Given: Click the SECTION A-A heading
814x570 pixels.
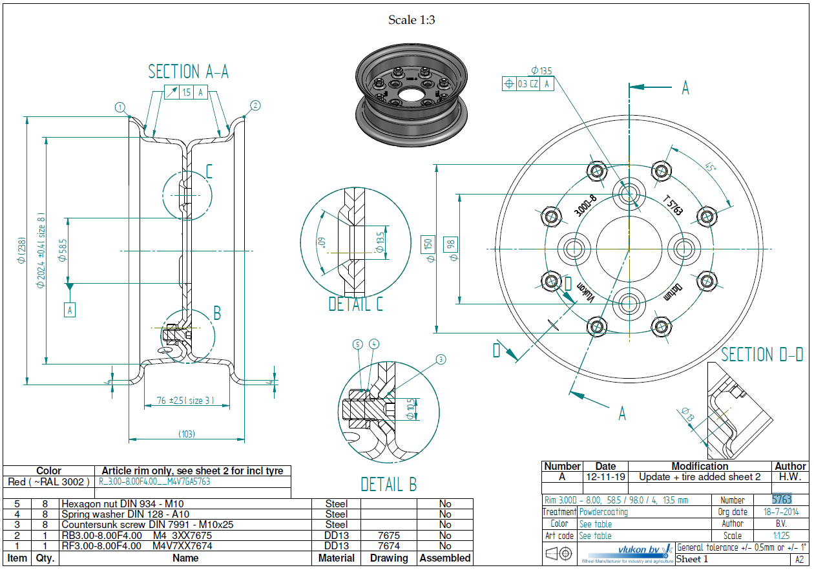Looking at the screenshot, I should click(x=188, y=71).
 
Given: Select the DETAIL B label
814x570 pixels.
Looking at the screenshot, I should click(x=388, y=484).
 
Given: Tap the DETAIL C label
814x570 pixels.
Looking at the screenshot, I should click(x=355, y=304).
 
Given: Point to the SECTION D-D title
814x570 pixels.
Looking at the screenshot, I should click(x=762, y=354).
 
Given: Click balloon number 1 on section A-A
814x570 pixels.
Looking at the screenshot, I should click(x=120, y=107).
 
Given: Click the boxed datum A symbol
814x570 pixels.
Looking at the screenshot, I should click(x=70, y=310).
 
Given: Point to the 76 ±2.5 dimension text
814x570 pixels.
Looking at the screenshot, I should click(x=185, y=401).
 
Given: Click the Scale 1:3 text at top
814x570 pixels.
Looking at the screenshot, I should click(x=412, y=20).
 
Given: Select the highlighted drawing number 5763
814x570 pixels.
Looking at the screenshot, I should click(x=782, y=500).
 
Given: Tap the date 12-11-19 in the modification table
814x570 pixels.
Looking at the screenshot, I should click(x=605, y=476).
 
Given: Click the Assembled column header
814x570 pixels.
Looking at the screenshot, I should click(x=444, y=558).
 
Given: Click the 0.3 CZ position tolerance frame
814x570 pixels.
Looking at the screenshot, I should click(x=528, y=83).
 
